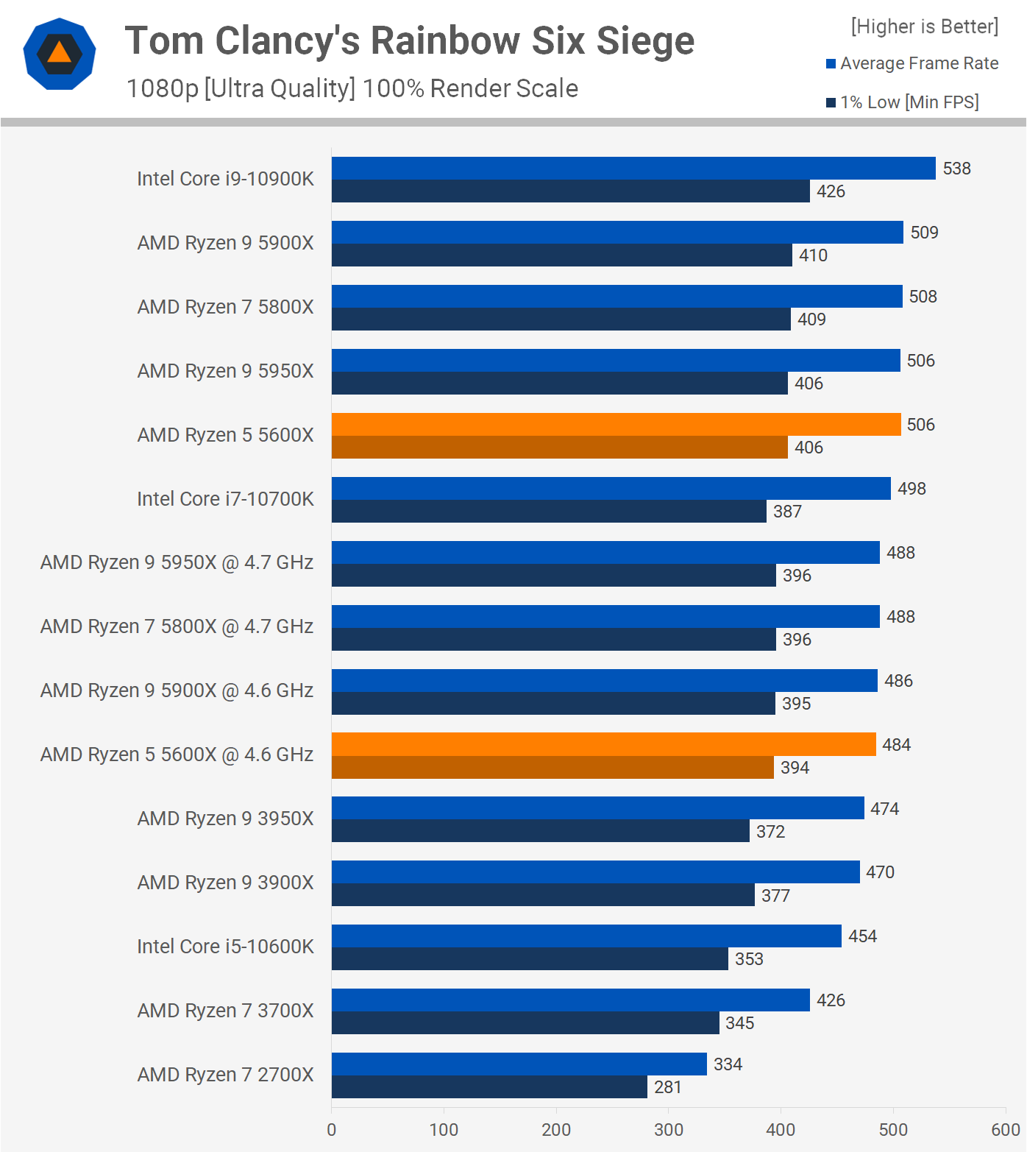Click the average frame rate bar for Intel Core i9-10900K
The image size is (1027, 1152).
tap(633, 168)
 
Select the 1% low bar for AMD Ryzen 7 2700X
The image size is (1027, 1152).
tap(489, 1087)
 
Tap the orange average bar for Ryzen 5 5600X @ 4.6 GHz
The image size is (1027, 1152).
tap(603, 744)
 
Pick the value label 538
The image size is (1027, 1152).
tap(956, 169)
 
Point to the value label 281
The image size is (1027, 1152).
tap(668, 1087)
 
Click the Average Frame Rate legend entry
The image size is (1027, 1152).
tap(912, 63)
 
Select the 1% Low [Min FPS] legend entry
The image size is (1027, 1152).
tap(903, 102)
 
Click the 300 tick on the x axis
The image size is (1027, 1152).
tap(668, 1130)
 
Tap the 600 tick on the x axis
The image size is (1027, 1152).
tap(1005, 1130)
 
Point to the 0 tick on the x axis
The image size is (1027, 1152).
tap(332, 1130)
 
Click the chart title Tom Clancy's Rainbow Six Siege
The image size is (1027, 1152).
tap(410, 40)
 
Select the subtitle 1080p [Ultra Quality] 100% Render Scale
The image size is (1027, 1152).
tap(352, 88)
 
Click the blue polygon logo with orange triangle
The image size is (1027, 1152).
tap(60, 54)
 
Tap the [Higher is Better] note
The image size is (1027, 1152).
tap(925, 26)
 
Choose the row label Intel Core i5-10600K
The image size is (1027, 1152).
tap(225, 947)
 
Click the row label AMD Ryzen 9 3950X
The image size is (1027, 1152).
tap(225, 819)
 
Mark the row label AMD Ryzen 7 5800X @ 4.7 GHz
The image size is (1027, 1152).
tap(177, 626)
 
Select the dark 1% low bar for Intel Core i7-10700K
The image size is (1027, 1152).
tap(549, 512)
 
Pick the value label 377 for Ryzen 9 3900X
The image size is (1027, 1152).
tap(775, 896)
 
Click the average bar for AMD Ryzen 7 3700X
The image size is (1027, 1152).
tap(570, 1000)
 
